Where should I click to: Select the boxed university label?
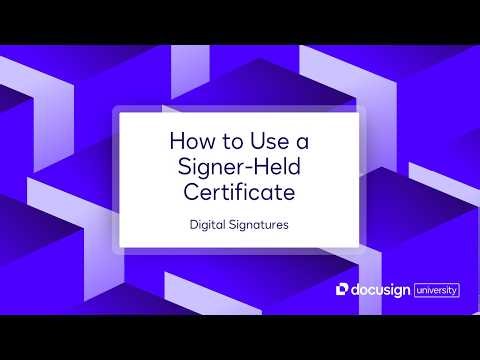tap(436, 289)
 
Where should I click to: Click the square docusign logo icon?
tap(342, 289)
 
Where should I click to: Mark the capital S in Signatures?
tap(232, 225)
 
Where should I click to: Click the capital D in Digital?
tap(193, 225)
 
